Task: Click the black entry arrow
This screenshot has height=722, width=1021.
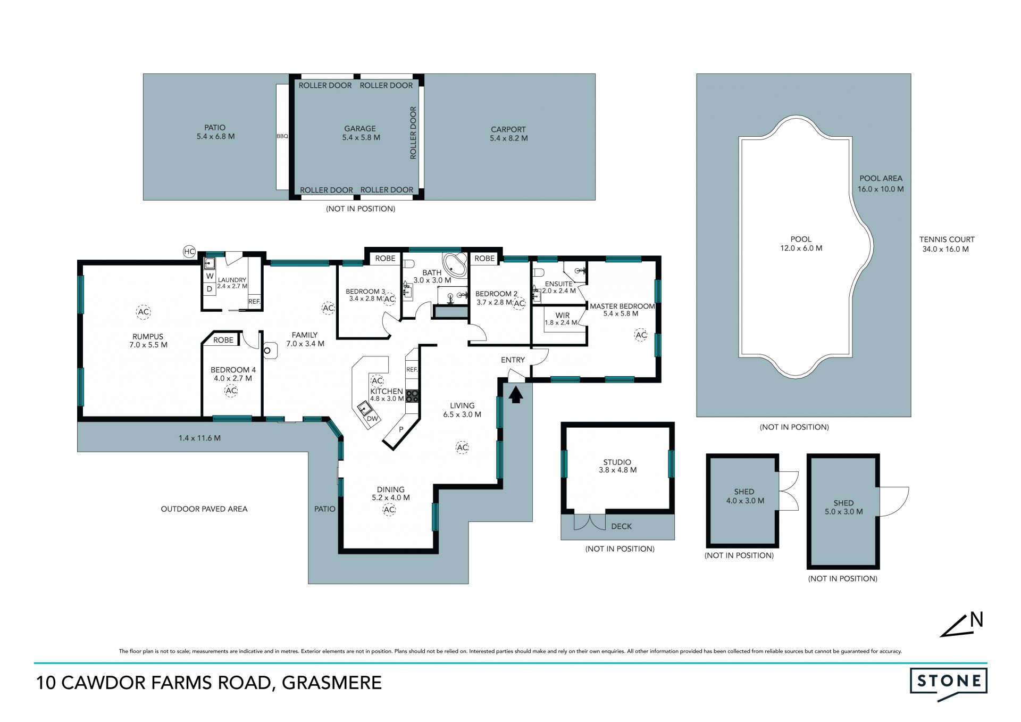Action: tap(515, 395)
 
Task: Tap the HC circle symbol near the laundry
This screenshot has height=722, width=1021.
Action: tap(189, 252)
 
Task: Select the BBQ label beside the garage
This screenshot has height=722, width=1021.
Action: tap(282, 136)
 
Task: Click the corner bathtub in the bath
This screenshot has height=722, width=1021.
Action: tap(455, 264)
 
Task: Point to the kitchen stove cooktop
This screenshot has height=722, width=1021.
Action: tap(412, 396)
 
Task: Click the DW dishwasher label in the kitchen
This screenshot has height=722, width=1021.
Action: tap(372, 419)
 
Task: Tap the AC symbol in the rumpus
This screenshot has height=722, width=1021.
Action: tap(143, 312)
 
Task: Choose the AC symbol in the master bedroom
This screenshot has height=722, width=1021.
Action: tap(641, 335)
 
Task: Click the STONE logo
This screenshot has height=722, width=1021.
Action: tap(949, 683)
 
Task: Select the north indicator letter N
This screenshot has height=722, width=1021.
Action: tap(976, 620)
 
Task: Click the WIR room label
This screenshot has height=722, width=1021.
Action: tap(563, 316)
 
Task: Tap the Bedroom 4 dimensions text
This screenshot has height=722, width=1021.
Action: tap(233, 378)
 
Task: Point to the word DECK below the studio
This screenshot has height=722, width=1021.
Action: tap(621, 526)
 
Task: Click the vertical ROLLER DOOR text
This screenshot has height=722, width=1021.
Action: tap(413, 133)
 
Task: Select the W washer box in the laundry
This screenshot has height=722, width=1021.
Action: tap(210, 276)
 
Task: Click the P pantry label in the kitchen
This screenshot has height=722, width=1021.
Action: tap(401, 429)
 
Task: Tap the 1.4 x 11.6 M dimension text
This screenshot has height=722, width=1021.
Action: tap(199, 438)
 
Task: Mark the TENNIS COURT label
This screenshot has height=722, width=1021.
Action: tap(947, 239)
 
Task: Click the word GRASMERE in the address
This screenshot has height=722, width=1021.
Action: tap(332, 683)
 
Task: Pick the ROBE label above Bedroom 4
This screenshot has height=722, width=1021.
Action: tap(223, 340)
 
